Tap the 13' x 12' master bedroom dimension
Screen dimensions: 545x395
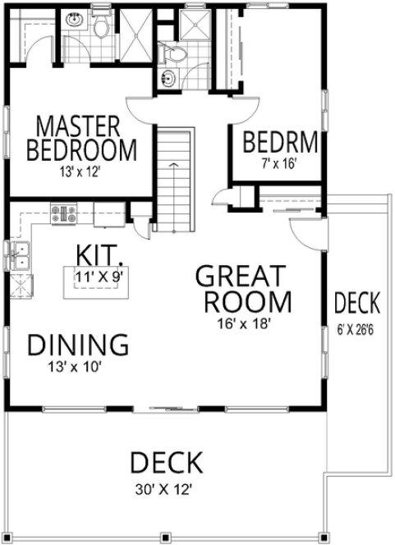(80, 172)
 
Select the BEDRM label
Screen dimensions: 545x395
(280, 142)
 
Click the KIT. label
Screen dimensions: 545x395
(99, 252)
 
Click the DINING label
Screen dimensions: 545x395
(78, 345)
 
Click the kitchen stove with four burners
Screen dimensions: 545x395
(63, 214)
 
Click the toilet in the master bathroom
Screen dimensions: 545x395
(101, 30)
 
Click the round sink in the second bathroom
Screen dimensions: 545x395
(168, 79)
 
